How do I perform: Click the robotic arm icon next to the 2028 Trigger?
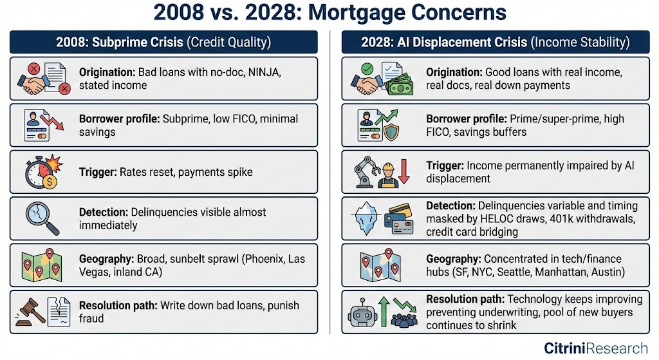[365, 171]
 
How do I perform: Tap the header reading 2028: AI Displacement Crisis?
[443, 43]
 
